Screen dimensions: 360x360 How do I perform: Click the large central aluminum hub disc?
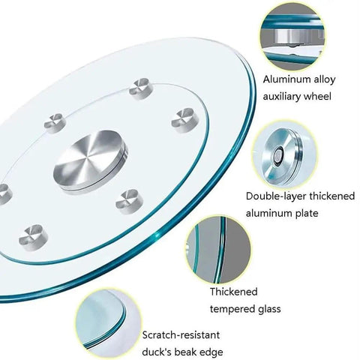pyautogui.click(x=90, y=161)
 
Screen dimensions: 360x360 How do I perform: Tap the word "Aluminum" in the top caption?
pyautogui.click(x=283, y=79)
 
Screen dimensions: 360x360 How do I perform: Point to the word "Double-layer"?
pyautogui.click(x=276, y=196)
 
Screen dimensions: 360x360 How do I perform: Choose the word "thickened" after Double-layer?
pyautogui.click(x=332, y=196)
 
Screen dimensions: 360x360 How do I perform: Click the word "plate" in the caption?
pyautogui.click(x=306, y=214)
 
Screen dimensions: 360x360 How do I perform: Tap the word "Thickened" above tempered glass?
pyautogui.click(x=234, y=292)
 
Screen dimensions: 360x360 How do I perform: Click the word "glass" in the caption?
pyautogui.click(x=266, y=309)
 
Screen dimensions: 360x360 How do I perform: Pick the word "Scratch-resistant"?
pyautogui.click(x=181, y=335)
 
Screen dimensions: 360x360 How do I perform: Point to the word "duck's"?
pyautogui.click(x=156, y=352)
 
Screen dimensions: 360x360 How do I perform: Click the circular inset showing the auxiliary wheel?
pyautogui.click(x=292, y=37)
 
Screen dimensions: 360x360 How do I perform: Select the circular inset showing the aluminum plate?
pyautogui.click(x=283, y=155)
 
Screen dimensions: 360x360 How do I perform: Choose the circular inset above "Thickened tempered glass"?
pyautogui.click(x=218, y=250)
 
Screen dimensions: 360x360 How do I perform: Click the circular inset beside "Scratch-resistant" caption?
pyautogui.click(x=108, y=322)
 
